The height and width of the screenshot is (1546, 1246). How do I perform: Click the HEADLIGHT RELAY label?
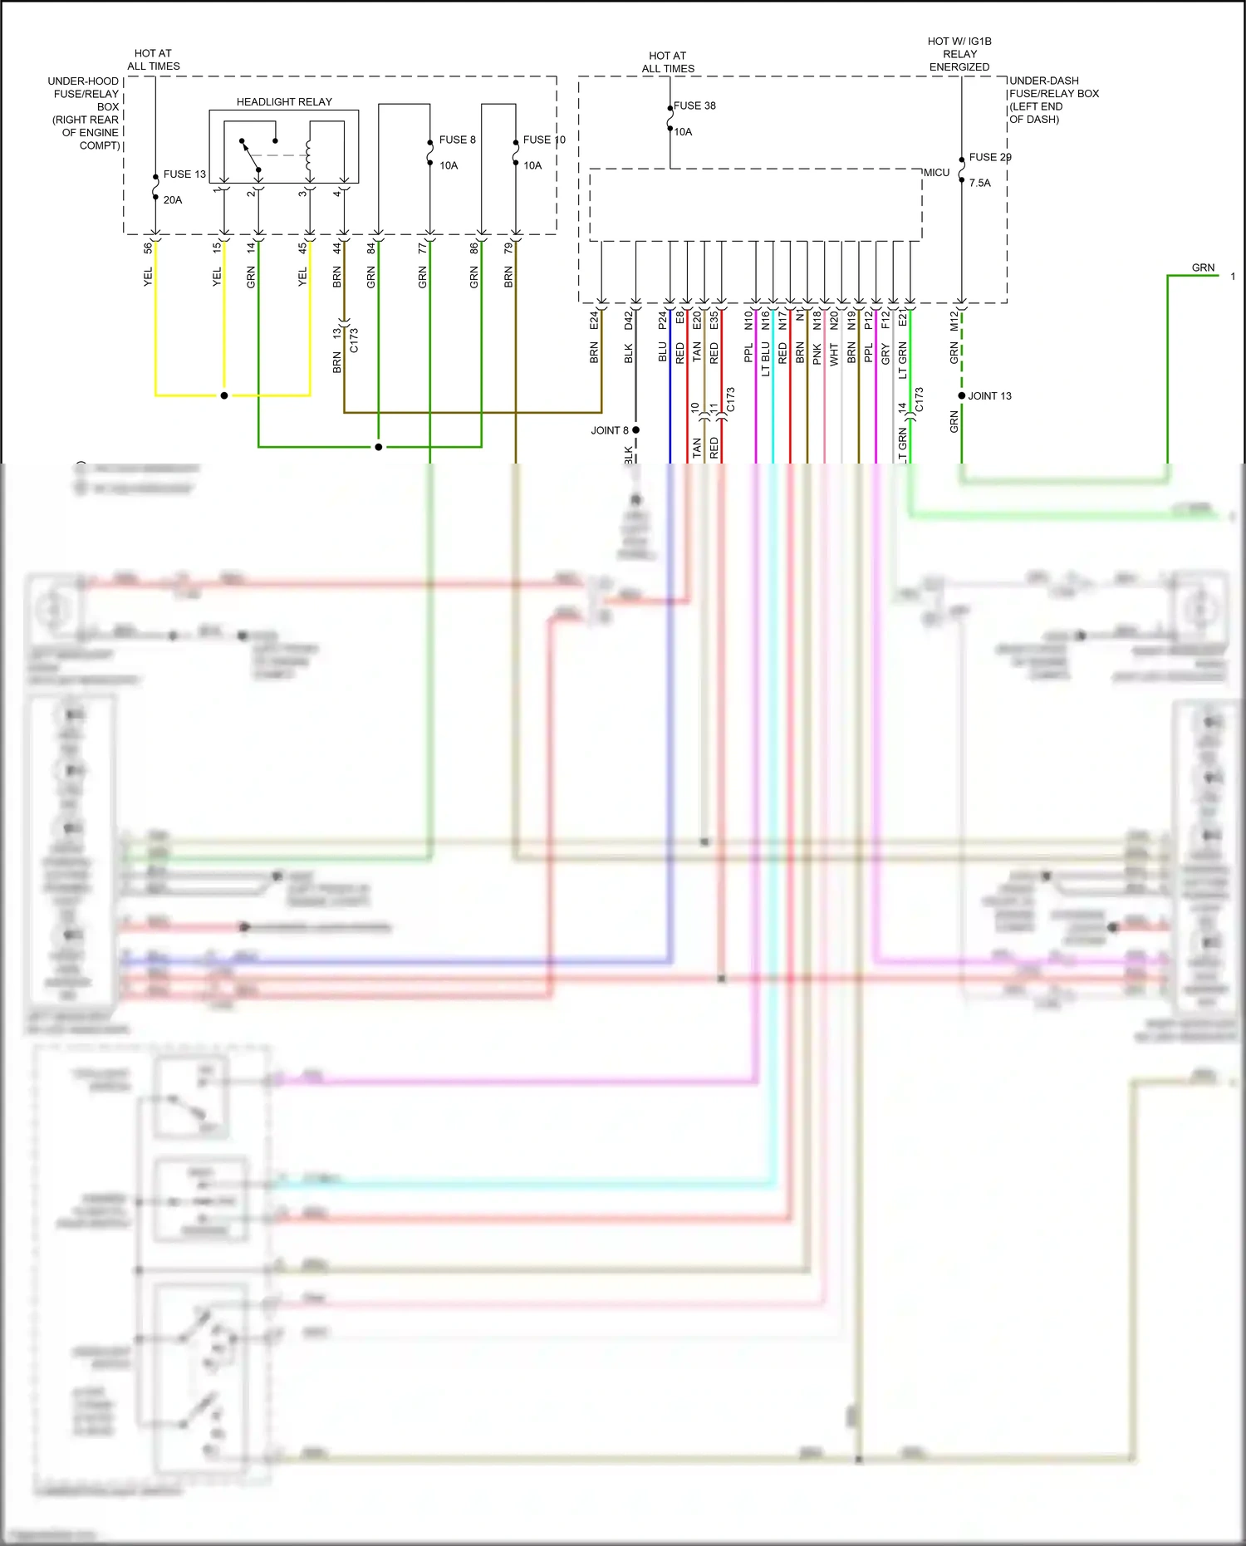click(x=284, y=102)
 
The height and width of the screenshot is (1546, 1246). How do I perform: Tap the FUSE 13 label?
click(x=184, y=174)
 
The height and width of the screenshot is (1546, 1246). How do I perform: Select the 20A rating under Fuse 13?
click(x=173, y=200)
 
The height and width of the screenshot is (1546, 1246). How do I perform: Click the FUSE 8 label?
click(x=457, y=140)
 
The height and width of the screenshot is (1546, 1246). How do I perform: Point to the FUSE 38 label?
click(x=694, y=106)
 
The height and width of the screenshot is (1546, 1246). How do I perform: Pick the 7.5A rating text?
click(x=979, y=183)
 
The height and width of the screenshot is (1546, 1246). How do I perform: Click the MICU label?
click(x=936, y=173)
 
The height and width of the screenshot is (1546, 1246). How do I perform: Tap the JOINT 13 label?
click(x=989, y=396)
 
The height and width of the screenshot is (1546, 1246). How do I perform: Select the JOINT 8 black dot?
click(x=635, y=429)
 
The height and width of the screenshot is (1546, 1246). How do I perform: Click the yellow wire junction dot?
click(x=224, y=395)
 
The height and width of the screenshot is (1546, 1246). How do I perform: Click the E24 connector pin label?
click(x=594, y=320)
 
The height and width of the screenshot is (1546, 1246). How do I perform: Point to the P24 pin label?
click(x=662, y=320)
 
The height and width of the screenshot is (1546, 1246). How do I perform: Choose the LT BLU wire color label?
click(x=765, y=359)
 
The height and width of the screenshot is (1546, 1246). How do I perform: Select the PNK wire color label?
click(x=817, y=355)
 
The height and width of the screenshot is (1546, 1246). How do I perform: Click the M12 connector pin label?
click(x=954, y=320)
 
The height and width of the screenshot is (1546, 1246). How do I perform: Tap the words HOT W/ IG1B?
click(x=959, y=42)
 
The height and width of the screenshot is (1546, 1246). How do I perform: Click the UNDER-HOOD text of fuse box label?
click(x=83, y=81)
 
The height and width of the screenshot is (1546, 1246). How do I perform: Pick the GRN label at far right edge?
click(x=1203, y=267)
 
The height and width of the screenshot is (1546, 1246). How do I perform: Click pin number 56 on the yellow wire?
click(x=148, y=248)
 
